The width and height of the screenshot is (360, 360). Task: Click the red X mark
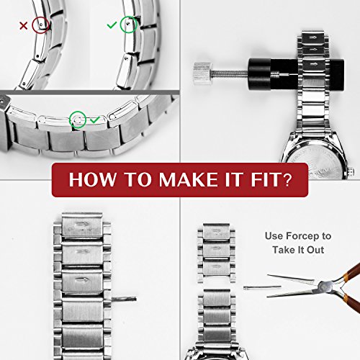click(x=23, y=26)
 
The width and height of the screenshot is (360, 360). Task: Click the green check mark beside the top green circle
click(x=112, y=25)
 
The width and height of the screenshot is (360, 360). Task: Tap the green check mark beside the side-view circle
click(x=95, y=120)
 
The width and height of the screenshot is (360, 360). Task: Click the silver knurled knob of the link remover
click(x=203, y=73)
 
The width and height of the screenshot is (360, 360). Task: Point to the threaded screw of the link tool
click(x=230, y=73)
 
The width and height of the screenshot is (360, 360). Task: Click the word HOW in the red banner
click(x=92, y=179)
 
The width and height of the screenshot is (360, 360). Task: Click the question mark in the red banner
click(x=287, y=179)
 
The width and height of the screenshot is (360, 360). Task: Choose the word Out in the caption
click(x=315, y=250)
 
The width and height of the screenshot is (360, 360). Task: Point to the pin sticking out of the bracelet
click(x=124, y=299)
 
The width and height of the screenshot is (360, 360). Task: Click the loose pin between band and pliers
click(x=262, y=287)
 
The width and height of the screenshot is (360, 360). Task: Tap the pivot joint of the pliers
click(x=325, y=287)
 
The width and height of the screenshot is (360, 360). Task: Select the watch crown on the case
click(x=351, y=171)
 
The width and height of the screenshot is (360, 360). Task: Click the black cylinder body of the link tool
click(x=296, y=73)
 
